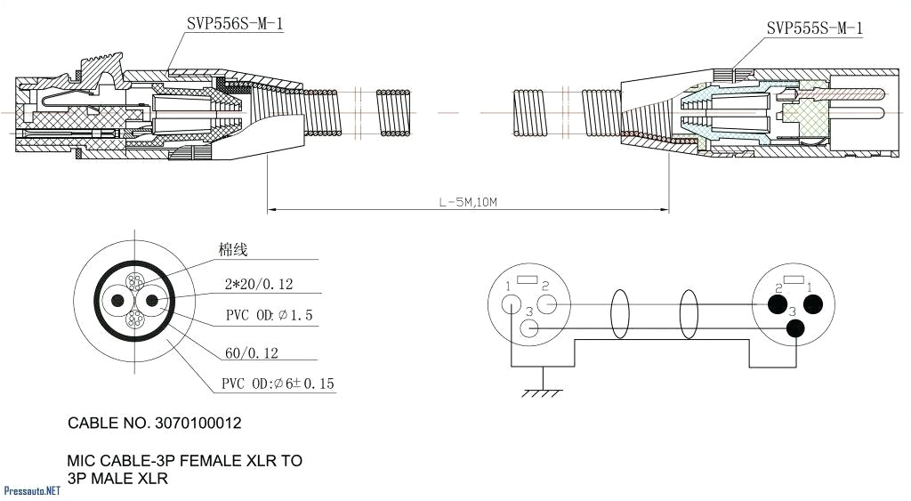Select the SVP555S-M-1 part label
[814, 28]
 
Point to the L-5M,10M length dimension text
[468, 202]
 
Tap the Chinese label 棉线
[233, 250]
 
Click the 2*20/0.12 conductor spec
[259, 285]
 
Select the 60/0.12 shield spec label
[252, 353]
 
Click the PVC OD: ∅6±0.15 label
[278, 384]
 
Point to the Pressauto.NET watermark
[32, 490]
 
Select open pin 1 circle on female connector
[512, 303]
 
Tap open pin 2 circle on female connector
[548, 305]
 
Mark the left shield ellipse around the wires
[619, 316]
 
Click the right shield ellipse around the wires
[689, 316]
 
